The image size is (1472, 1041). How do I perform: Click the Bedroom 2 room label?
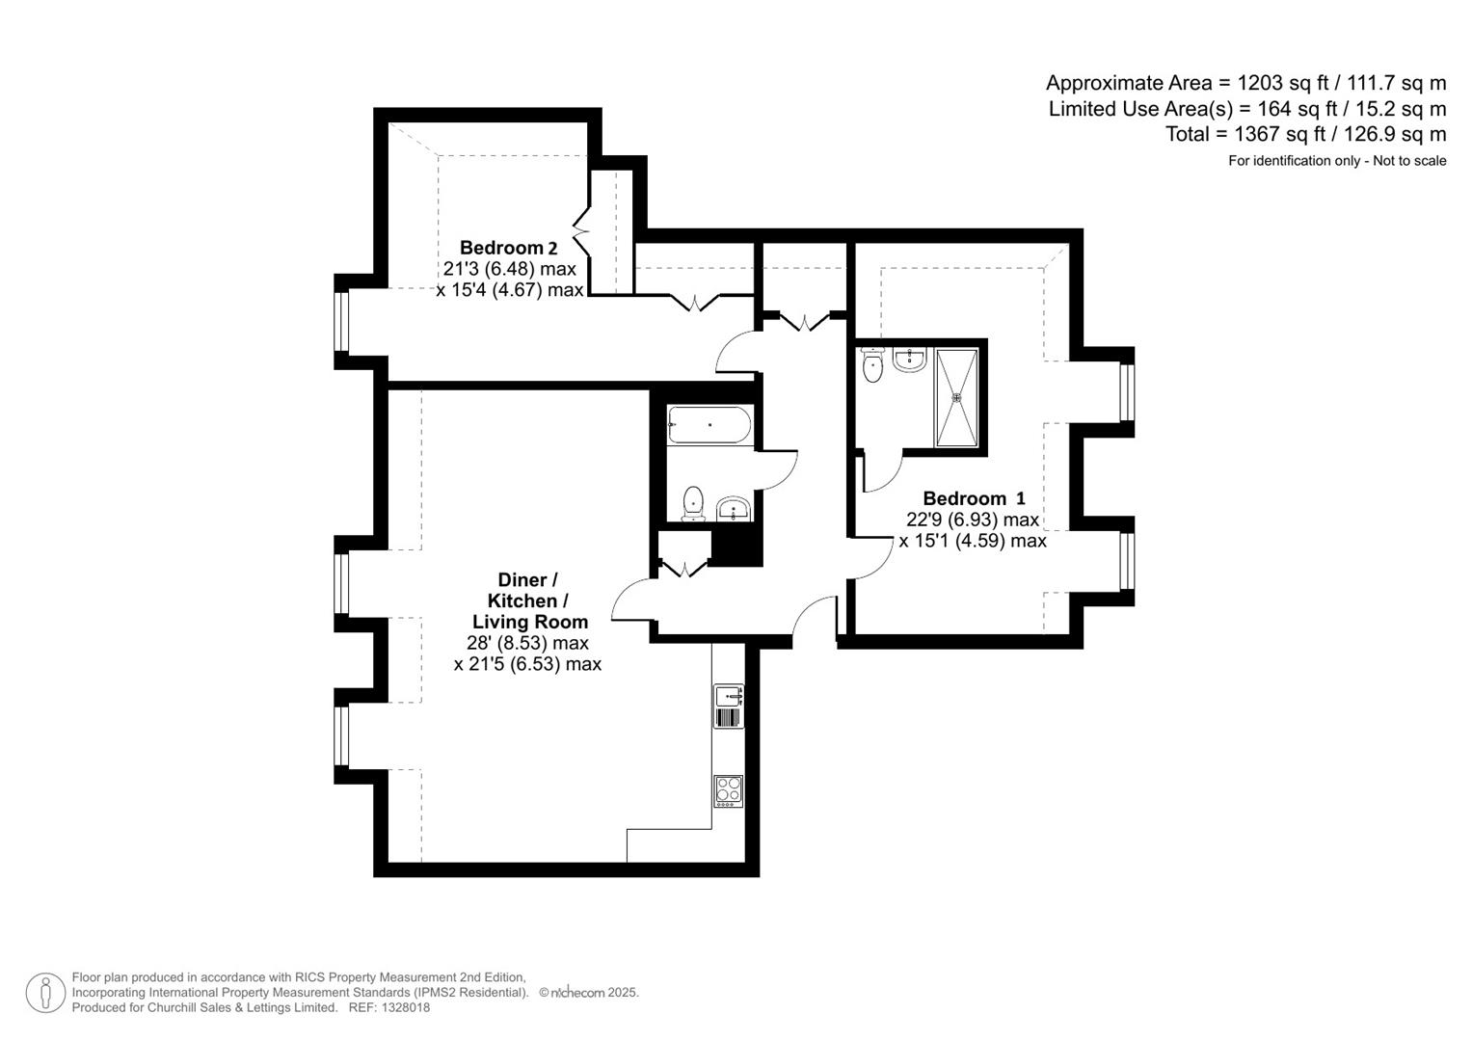click(x=508, y=248)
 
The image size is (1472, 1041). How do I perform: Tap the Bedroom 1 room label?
click(x=974, y=498)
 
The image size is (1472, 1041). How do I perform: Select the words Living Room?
click(x=529, y=622)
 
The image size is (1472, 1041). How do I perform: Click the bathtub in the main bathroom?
click(x=709, y=425)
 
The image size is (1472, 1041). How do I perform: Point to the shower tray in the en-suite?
click(x=956, y=396)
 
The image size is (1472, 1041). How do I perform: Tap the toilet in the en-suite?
click(x=873, y=365)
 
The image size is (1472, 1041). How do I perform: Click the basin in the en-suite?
click(x=910, y=360)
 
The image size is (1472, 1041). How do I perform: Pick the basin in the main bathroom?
click(x=734, y=508)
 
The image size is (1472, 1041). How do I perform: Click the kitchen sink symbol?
click(x=729, y=707)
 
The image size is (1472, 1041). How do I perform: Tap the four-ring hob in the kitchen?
click(x=729, y=791)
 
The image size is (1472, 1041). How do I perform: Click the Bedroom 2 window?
click(x=341, y=322)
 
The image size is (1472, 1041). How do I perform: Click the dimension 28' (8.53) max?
click(x=527, y=643)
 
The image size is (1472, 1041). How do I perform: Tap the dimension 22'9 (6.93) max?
click(x=973, y=520)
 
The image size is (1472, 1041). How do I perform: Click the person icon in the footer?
click(x=45, y=993)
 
